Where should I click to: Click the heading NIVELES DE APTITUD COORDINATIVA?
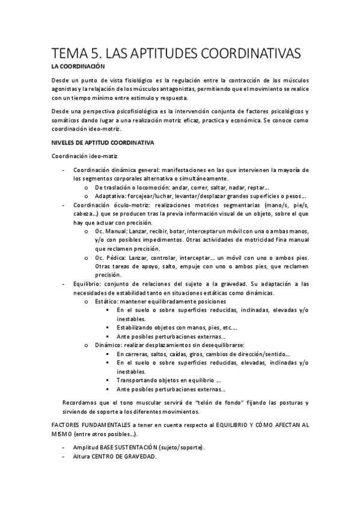pyautogui.click(x=103, y=143)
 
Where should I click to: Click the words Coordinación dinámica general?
pyautogui.click(x=112, y=170)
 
